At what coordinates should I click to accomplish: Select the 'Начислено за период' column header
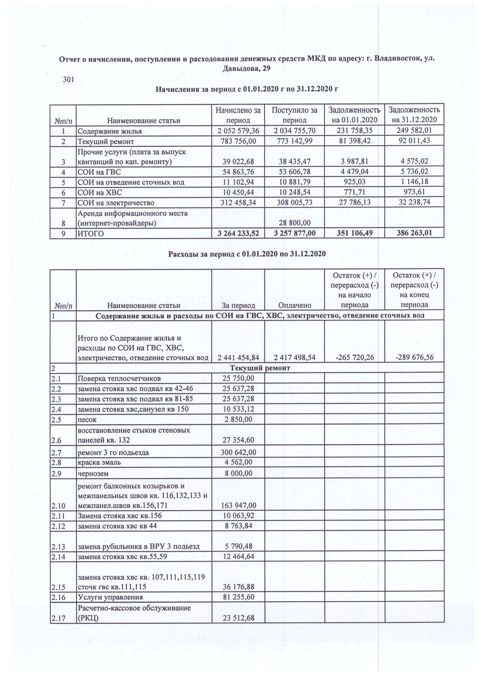[238, 115]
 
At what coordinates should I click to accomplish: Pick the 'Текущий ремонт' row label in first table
[106, 142]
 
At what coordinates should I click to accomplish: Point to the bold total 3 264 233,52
[238, 234]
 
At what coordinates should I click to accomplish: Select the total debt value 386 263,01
[414, 233]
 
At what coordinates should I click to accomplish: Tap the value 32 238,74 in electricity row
[414, 202]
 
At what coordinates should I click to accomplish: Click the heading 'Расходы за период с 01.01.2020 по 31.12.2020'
[247, 254]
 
